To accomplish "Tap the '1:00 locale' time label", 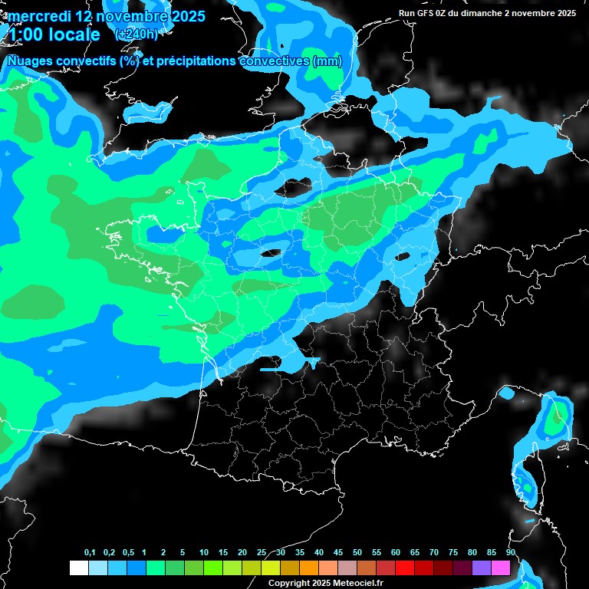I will (x=54, y=35).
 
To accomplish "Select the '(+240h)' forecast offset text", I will (x=136, y=35).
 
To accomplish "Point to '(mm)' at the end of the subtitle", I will (x=327, y=61).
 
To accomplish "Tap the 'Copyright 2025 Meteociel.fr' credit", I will (x=325, y=583).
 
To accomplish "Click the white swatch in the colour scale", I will (x=78, y=568).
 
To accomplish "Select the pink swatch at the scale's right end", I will (x=500, y=568).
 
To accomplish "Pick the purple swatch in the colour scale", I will (x=481, y=568).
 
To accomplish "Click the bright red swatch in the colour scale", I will (x=404, y=568).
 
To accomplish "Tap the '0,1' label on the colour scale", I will (x=90, y=553).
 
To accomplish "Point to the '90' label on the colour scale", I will (x=511, y=553).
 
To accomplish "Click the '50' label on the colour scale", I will (x=357, y=553).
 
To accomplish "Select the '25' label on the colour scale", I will (x=262, y=553).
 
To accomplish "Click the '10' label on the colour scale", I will (x=204, y=553).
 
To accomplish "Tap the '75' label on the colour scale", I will (x=453, y=553).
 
